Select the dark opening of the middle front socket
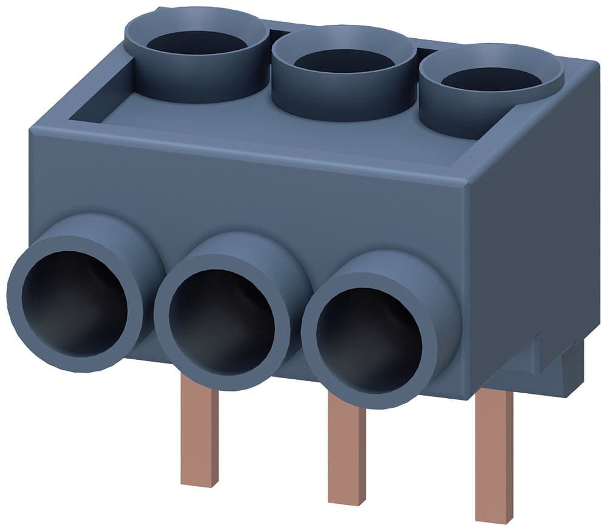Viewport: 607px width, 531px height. point(221,322)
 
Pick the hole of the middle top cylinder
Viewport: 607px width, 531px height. point(344,61)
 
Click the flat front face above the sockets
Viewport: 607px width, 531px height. point(243,188)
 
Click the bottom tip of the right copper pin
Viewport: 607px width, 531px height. point(493,516)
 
